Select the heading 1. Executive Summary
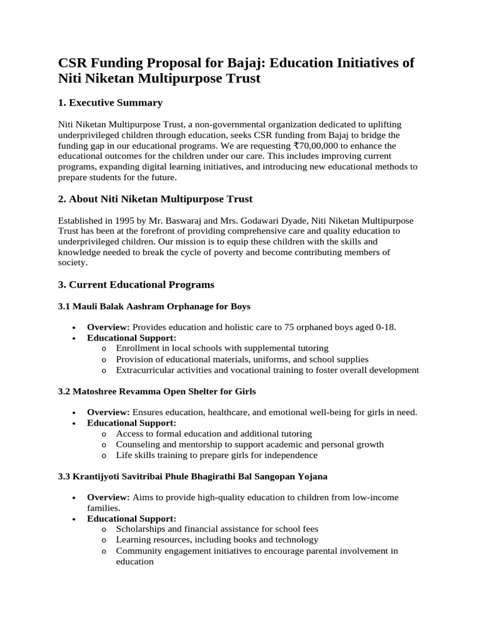click(x=110, y=102)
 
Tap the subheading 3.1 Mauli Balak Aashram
click(x=154, y=306)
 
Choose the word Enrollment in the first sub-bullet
click(x=139, y=348)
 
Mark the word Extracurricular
click(x=146, y=370)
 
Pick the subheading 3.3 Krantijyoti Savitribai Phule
click(x=192, y=476)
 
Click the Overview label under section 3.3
click(x=108, y=497)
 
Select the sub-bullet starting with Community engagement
click(x=256, y=551)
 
